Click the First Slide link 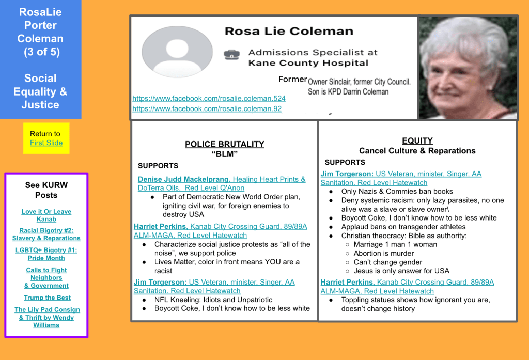(46, 143)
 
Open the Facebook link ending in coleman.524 (209, 98)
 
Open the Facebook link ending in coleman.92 (207, 108)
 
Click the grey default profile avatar (177, 52)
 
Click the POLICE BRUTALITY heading (224, 144)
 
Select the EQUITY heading (417, 140)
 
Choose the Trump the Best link (47, 298)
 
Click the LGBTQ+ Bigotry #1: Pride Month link (46, 254)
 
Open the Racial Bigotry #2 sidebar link (46, 234)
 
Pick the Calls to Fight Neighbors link (46, 278)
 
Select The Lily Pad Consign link (46, 314)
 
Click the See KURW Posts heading (46, 190)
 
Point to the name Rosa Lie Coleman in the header (289, 31)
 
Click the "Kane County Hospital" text (308, 63)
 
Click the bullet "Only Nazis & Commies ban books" (397, 192)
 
